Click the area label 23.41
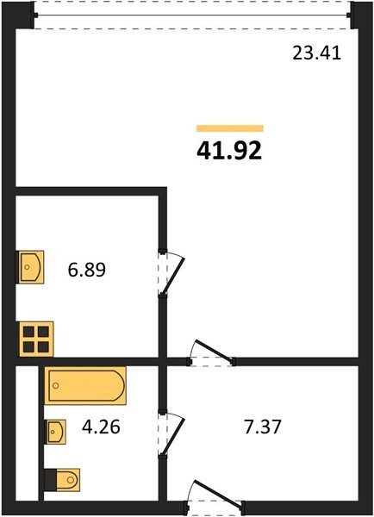316,53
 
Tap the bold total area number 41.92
229,150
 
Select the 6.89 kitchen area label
87,270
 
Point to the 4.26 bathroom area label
101,427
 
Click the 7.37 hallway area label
263,427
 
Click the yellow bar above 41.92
230,128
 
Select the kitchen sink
30,267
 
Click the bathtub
85,385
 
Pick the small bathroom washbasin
55,432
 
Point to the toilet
62,480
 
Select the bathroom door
171,434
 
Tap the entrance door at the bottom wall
215,495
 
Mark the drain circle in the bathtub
56,385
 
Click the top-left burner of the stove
28,332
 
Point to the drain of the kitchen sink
27,267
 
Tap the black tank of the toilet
51,480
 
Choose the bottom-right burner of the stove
43,346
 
